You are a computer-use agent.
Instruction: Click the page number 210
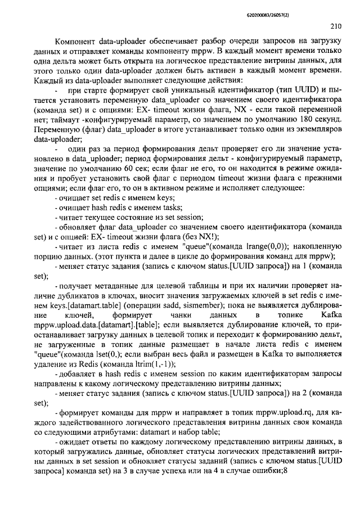(336, 25)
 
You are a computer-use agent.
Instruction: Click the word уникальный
(172, 91)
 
